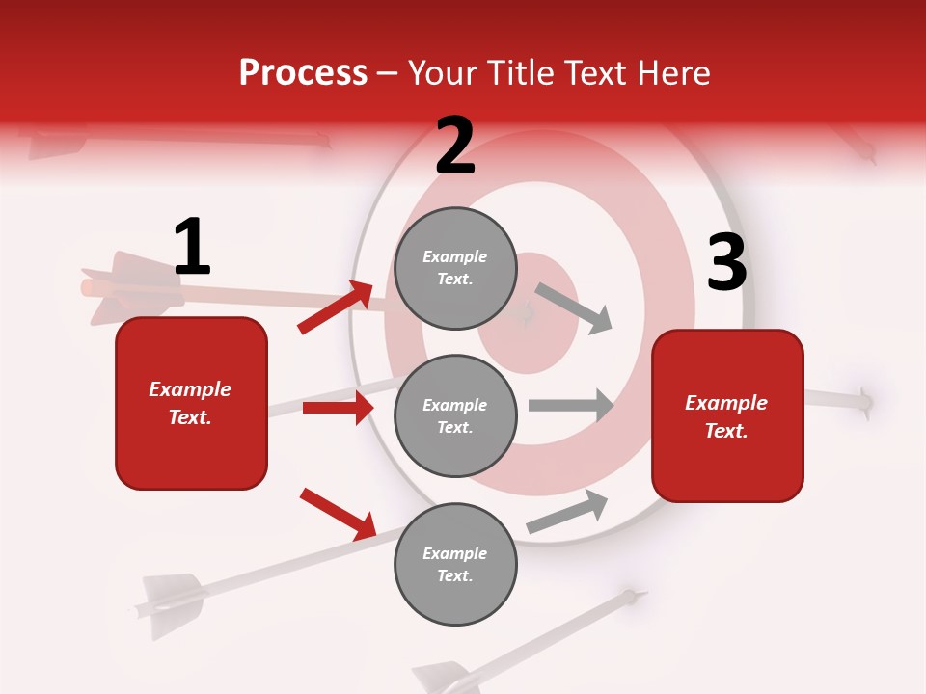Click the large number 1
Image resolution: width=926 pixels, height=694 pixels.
point(192,248)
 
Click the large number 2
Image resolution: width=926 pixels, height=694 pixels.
point(455,146)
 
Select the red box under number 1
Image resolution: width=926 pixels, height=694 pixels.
point(191,403)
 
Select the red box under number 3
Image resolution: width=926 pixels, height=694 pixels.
point(727,415)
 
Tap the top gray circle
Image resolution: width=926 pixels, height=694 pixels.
point(455,268)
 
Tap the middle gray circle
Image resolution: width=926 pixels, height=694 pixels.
point(455,415)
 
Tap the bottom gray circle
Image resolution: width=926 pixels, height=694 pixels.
point(455,564)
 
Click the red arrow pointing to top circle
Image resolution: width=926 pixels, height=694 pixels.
point(336,307)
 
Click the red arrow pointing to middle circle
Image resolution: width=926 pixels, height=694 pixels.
point(338,408)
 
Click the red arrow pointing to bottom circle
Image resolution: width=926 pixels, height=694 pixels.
point(339,514)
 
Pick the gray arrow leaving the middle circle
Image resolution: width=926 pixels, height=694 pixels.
point(571,405)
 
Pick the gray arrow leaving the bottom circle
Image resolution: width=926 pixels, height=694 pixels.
point(568,511)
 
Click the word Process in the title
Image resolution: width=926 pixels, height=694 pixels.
point(303,73)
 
